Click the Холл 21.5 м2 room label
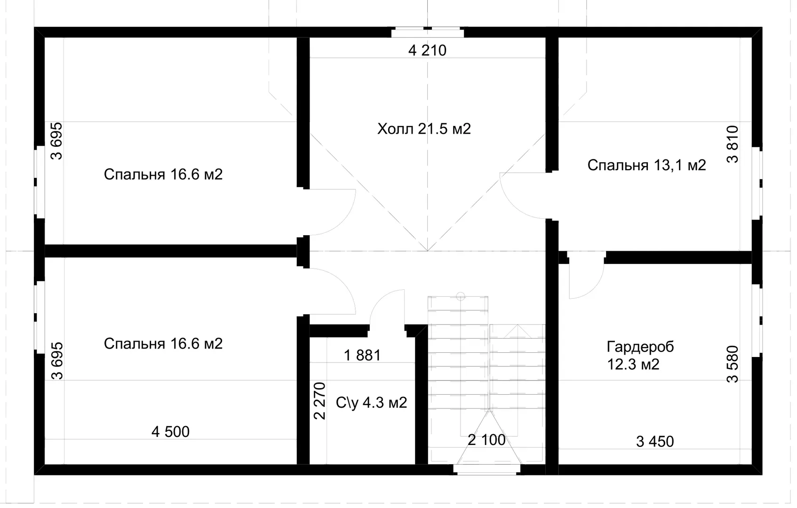click(424, 129)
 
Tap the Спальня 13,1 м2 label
click(646, 165)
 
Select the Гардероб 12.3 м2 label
click(640, 356)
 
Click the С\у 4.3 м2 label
click(372, 403)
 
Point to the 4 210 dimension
click(427, 50)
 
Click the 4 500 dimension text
click(170, 432)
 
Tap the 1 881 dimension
click(362, 356)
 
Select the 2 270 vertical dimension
click(320, 401)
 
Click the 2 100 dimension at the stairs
click(486, 440)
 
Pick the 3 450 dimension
click(655, 442)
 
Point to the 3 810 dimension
click(733, 144)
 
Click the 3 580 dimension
click(733, 364)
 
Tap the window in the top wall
click(428, 32)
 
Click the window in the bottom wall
click(487, 469)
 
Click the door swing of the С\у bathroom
click(378, 302)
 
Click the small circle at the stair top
click(461, 296)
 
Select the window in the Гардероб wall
click(757, 321)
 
